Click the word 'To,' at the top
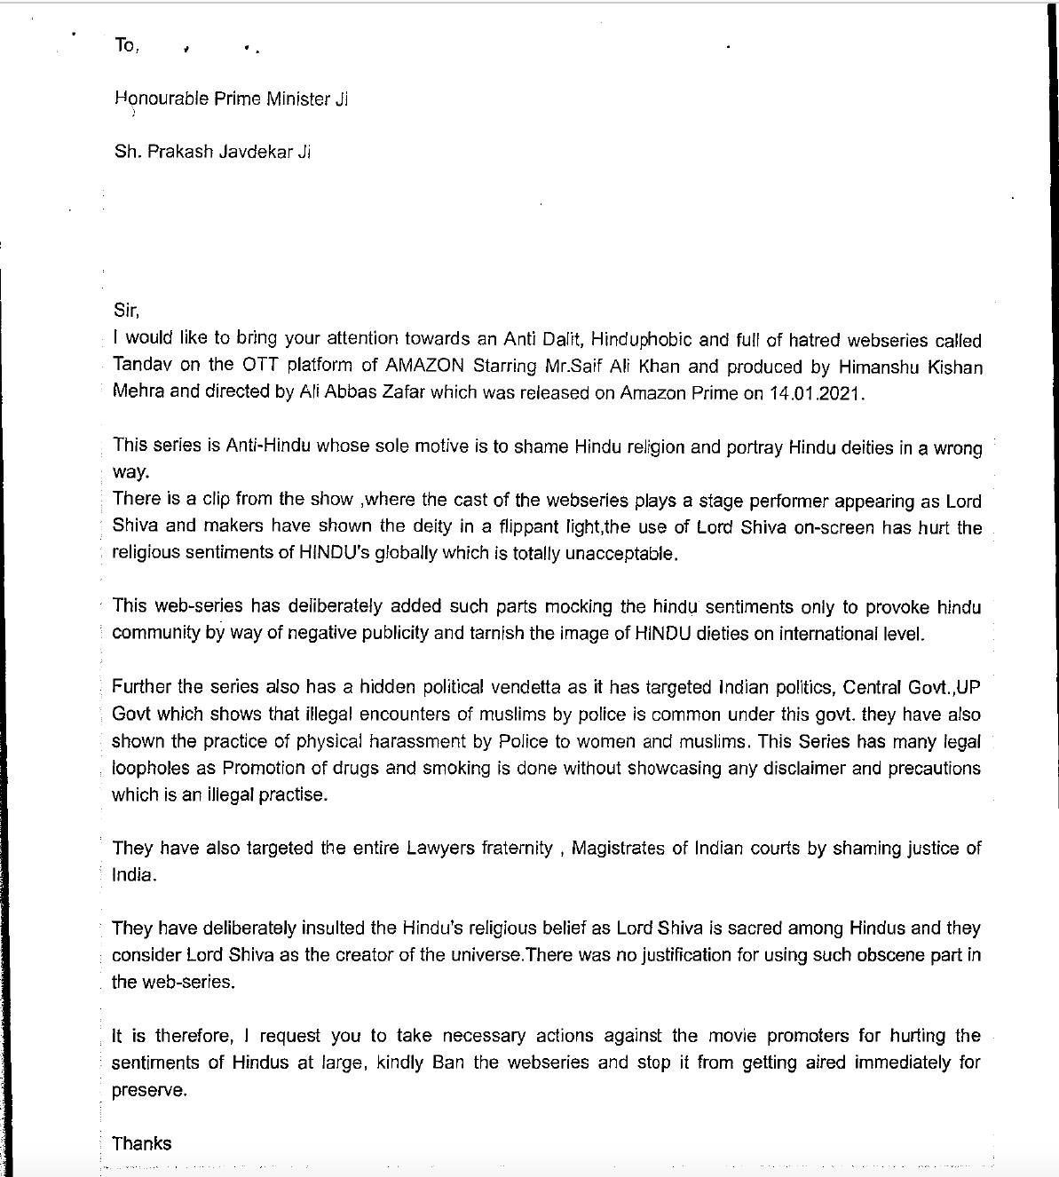point(126,45)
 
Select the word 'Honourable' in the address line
point(159,99)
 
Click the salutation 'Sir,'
point(127,311)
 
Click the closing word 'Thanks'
point(142,1143)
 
